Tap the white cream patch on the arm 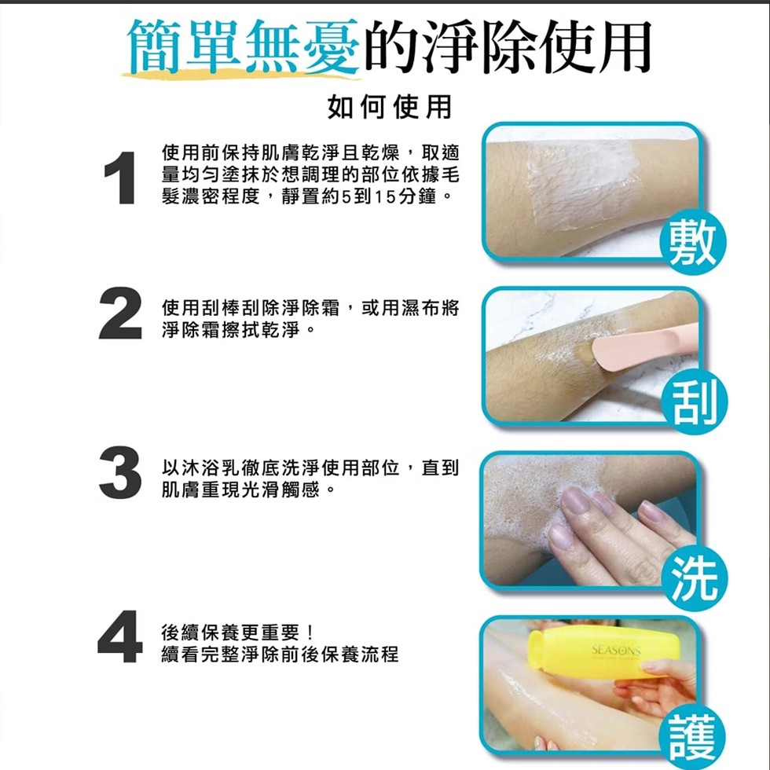[581, 185]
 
